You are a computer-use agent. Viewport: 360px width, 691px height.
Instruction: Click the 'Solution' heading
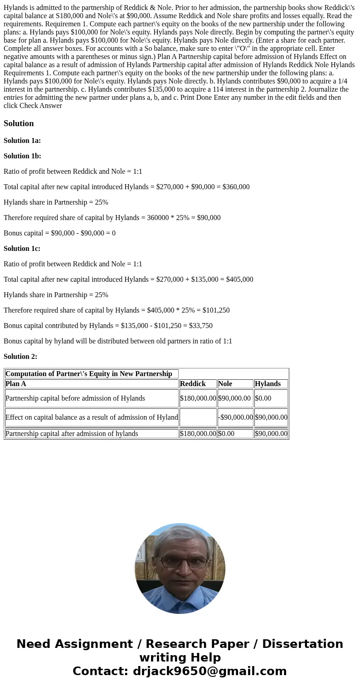coord(19,123)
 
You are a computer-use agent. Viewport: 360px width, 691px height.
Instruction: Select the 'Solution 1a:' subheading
coord(22,141)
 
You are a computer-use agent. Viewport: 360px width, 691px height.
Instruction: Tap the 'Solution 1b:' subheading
coord(22,156)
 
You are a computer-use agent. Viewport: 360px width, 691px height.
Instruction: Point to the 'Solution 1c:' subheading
coord(22,249)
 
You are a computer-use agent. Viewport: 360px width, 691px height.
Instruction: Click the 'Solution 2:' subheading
coord(20,357)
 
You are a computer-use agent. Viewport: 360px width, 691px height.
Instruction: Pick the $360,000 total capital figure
coord(234,187)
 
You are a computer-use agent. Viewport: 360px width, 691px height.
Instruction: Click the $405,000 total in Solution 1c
coord(238,279)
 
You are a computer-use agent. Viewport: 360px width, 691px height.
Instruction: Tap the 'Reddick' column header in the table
coord(193,384)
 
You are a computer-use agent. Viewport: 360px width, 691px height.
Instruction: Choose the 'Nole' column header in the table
coord(225,384)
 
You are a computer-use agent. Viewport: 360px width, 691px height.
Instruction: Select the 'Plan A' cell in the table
coord(16,384)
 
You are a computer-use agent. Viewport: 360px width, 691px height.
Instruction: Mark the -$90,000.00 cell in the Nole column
coord(235,417)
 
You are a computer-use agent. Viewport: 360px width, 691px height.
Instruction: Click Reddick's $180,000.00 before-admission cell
coord(198,398)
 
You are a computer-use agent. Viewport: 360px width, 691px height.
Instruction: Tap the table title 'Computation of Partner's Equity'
coord(88,374)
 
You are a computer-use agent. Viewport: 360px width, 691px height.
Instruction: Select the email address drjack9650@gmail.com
coord(209,671)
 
